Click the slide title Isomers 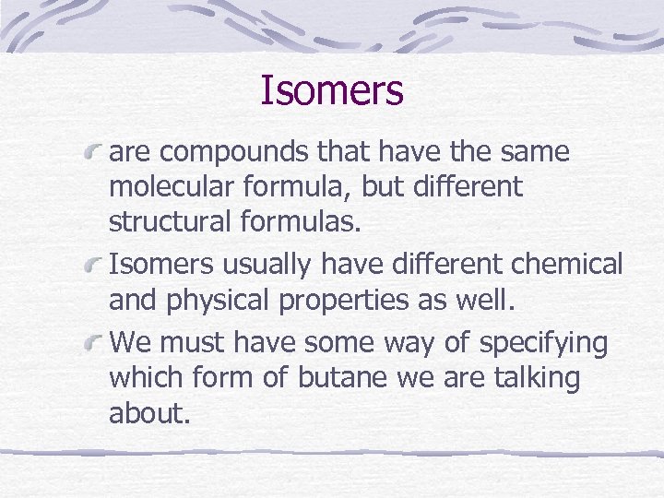[x=332, y=90]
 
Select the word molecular [x=173, y=187]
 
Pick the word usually [x=261, y=266]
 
